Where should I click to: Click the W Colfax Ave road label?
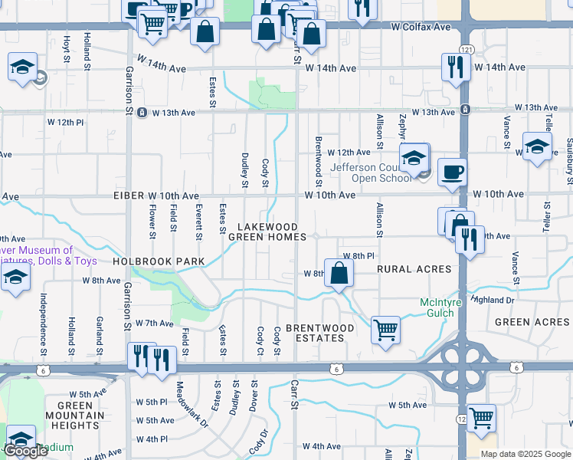pos(420,27)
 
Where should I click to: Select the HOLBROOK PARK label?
pos(159,261)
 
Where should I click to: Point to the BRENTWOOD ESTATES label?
pos(320,333)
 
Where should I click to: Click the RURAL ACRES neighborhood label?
pos(414,269)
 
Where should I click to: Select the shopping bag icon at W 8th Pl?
pos(339,273)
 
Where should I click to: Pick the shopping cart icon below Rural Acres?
pos(386,330)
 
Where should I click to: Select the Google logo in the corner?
pos(26,451)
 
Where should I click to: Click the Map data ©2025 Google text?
pos(525,453)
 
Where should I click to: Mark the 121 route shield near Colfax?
pos(467,49)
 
